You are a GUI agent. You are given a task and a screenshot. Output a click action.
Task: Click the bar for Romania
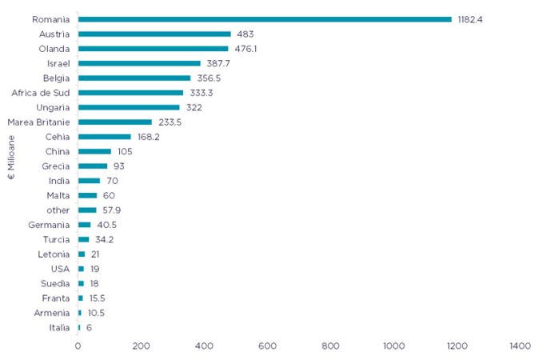click(x=265, y=19)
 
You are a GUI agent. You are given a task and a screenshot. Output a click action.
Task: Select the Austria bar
click(x=154, y=34)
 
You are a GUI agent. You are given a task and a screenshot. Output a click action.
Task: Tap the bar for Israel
click(x=139, y=63)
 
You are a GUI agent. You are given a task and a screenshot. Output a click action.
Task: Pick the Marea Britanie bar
click(x=115, y=122)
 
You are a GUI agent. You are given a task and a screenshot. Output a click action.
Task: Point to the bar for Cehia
click(x=105, y=137)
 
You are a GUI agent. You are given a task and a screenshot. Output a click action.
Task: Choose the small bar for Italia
click(x=79, y=328)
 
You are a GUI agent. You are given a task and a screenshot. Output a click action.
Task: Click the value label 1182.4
click(x=470, y=19)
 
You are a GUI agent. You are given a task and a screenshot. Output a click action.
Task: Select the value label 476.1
click(x=246, y=49)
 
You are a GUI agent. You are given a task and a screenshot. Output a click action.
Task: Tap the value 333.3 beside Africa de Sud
click(x=202, y=93)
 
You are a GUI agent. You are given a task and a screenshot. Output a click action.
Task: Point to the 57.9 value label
click(x=112, y=210)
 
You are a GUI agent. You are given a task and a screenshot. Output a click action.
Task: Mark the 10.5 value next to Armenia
click(x=96, y=313)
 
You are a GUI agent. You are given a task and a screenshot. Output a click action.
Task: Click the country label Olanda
click(x=54, y=49)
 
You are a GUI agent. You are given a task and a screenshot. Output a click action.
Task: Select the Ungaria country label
click(x=53, y=108)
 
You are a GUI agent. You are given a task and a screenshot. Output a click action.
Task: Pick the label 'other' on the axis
click(x=58, y=210)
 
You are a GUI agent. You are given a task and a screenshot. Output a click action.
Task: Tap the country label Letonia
click(x=54, y=254)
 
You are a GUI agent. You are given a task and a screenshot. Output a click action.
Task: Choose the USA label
click(x=61, y=269)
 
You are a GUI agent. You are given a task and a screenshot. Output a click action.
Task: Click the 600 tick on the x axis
click(x=267, y=346)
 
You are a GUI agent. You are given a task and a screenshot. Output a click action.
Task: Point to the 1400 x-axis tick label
click(x=520, y=346)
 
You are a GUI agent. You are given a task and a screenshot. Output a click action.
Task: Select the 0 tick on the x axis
click(x=78, y=346)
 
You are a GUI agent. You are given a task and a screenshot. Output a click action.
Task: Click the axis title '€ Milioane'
click(x=11, y=158)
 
